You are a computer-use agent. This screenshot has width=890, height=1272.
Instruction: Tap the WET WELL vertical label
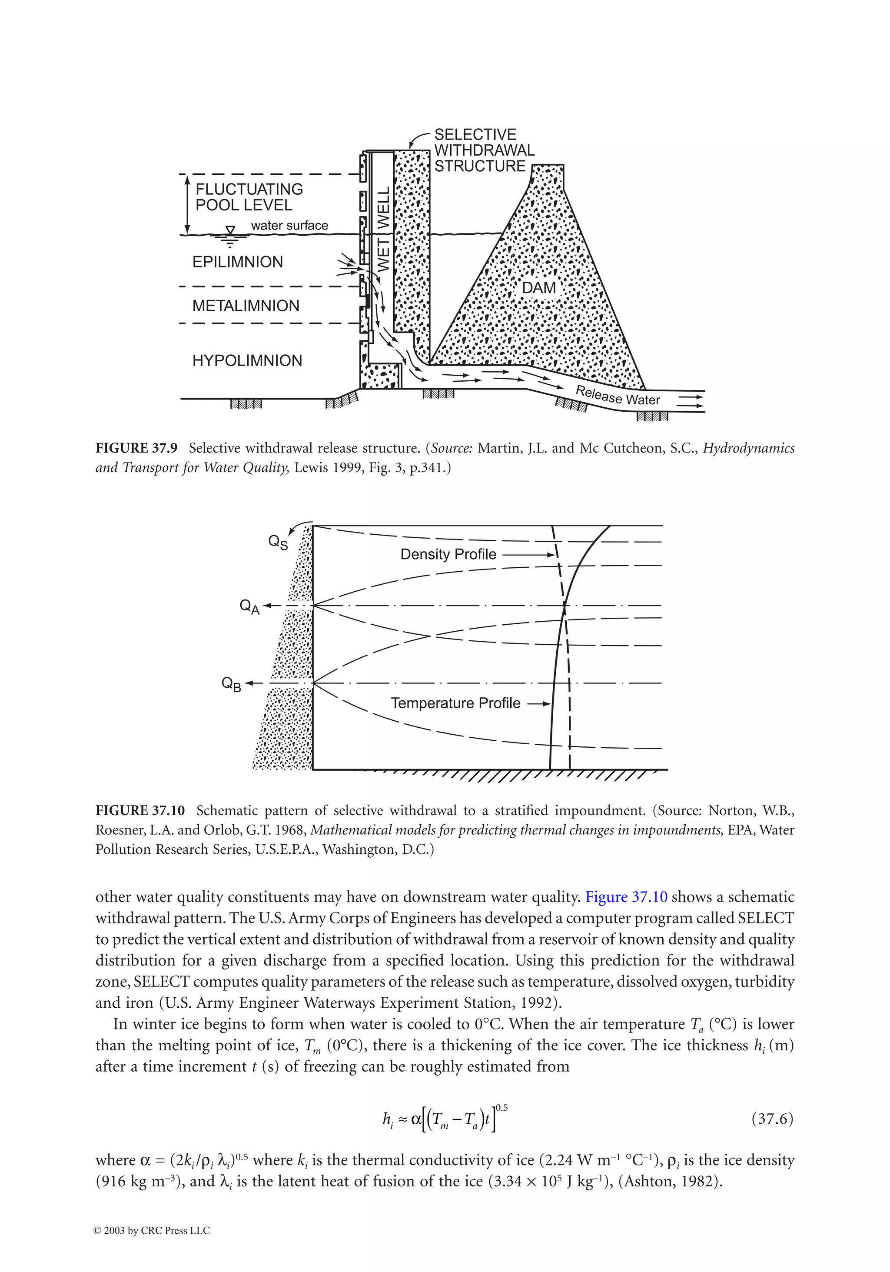383,229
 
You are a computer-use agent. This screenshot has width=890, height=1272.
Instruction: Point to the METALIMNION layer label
246,306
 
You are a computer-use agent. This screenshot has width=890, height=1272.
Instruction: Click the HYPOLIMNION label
247,361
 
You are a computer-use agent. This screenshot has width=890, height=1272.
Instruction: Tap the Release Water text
618,396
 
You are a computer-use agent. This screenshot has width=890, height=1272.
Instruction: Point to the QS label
278,542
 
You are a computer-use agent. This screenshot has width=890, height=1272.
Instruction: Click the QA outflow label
249,606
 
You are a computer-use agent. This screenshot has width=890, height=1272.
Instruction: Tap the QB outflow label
232,684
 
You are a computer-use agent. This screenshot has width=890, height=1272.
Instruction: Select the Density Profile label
448,555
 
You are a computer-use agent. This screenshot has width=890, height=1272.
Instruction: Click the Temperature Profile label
455,703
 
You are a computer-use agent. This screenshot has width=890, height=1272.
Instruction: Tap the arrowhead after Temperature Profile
547,704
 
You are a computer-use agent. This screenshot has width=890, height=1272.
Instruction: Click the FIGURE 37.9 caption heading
136,448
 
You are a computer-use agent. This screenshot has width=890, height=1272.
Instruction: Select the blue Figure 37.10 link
626,896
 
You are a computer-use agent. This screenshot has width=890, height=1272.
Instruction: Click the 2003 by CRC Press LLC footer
152,1231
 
